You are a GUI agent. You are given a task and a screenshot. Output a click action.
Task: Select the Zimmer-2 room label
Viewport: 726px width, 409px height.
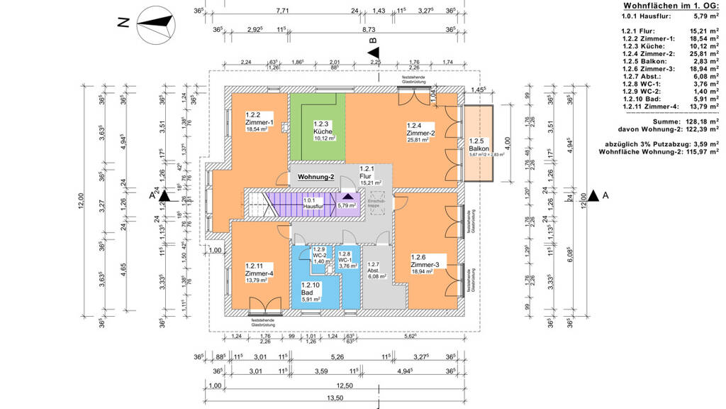click(x=420, y=133)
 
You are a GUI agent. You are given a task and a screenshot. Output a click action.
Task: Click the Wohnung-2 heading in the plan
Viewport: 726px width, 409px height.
click(x=316, y=176)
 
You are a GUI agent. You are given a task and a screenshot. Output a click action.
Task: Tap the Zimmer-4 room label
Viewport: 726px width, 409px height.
click(x=259, y=273)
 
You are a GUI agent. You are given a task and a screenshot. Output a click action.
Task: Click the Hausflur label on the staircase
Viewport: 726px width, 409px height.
click(x=313, y=204)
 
